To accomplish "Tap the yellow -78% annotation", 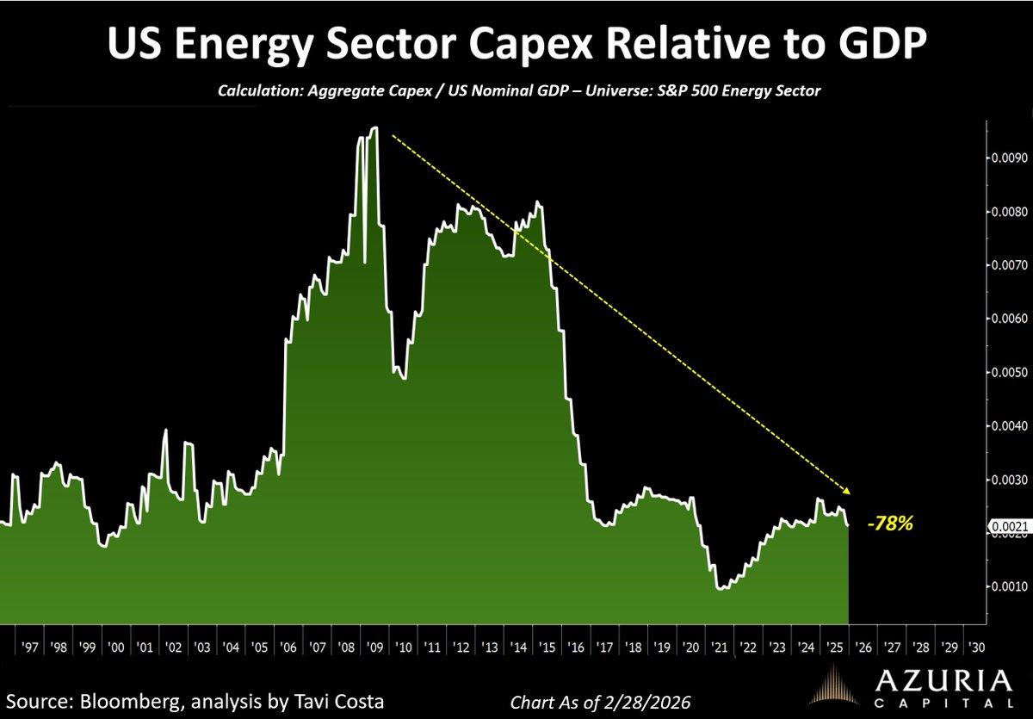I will (x=890, y=524).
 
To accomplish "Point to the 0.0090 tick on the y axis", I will (x=1005, y=158).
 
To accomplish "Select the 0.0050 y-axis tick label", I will (x=1005, y=373).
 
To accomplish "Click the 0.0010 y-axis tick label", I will (x=1005, y=586).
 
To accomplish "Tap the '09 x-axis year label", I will (x=374, y=646).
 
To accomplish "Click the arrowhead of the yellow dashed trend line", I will (x=847, y=491).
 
